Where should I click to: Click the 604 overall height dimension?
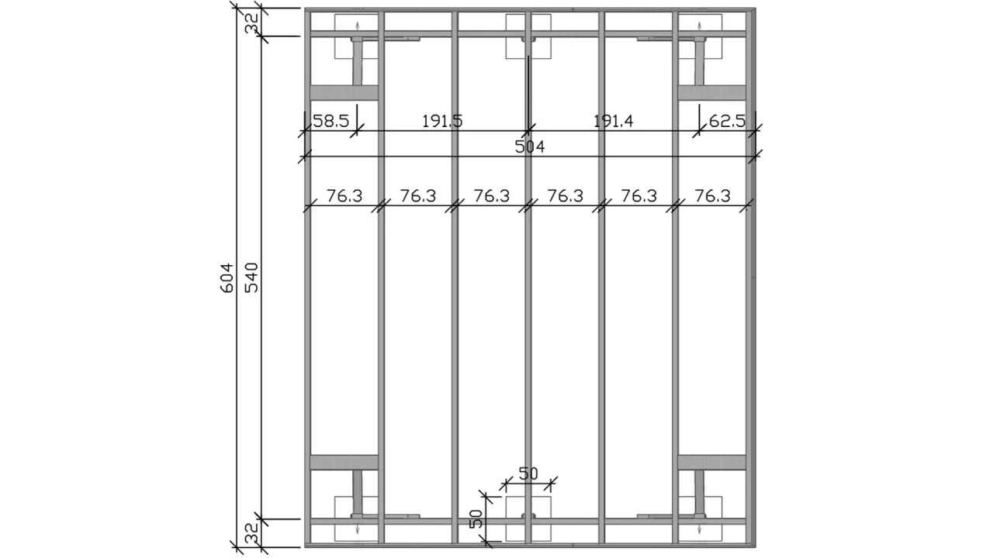(x=227, y=277)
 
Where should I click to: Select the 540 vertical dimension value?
(x=251, y=277)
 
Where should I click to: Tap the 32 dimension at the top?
(x=251, y=22)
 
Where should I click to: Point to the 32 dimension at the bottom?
(x=251, y=532)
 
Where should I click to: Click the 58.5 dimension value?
(x=331, y=121)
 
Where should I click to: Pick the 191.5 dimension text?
(x=442, y=121)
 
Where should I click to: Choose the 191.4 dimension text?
(x=613, y=121)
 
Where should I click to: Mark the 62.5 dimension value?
(x=727, y=121)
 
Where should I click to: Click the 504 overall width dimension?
(x=530, y=147)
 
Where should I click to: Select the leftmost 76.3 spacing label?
(x=344, y=196)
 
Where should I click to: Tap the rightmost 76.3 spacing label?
(x=712, y=196)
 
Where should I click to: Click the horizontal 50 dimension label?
(x=528, y=474)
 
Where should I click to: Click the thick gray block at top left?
(x=344, y=93)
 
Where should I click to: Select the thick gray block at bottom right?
(x=711, y=462)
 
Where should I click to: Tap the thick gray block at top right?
(x=711, y=93)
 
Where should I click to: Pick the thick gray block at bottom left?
(x=344, y=462)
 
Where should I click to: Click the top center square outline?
(x=528, y=36)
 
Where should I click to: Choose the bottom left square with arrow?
(x=356, y=518)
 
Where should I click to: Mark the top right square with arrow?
(x=700, y=36)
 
